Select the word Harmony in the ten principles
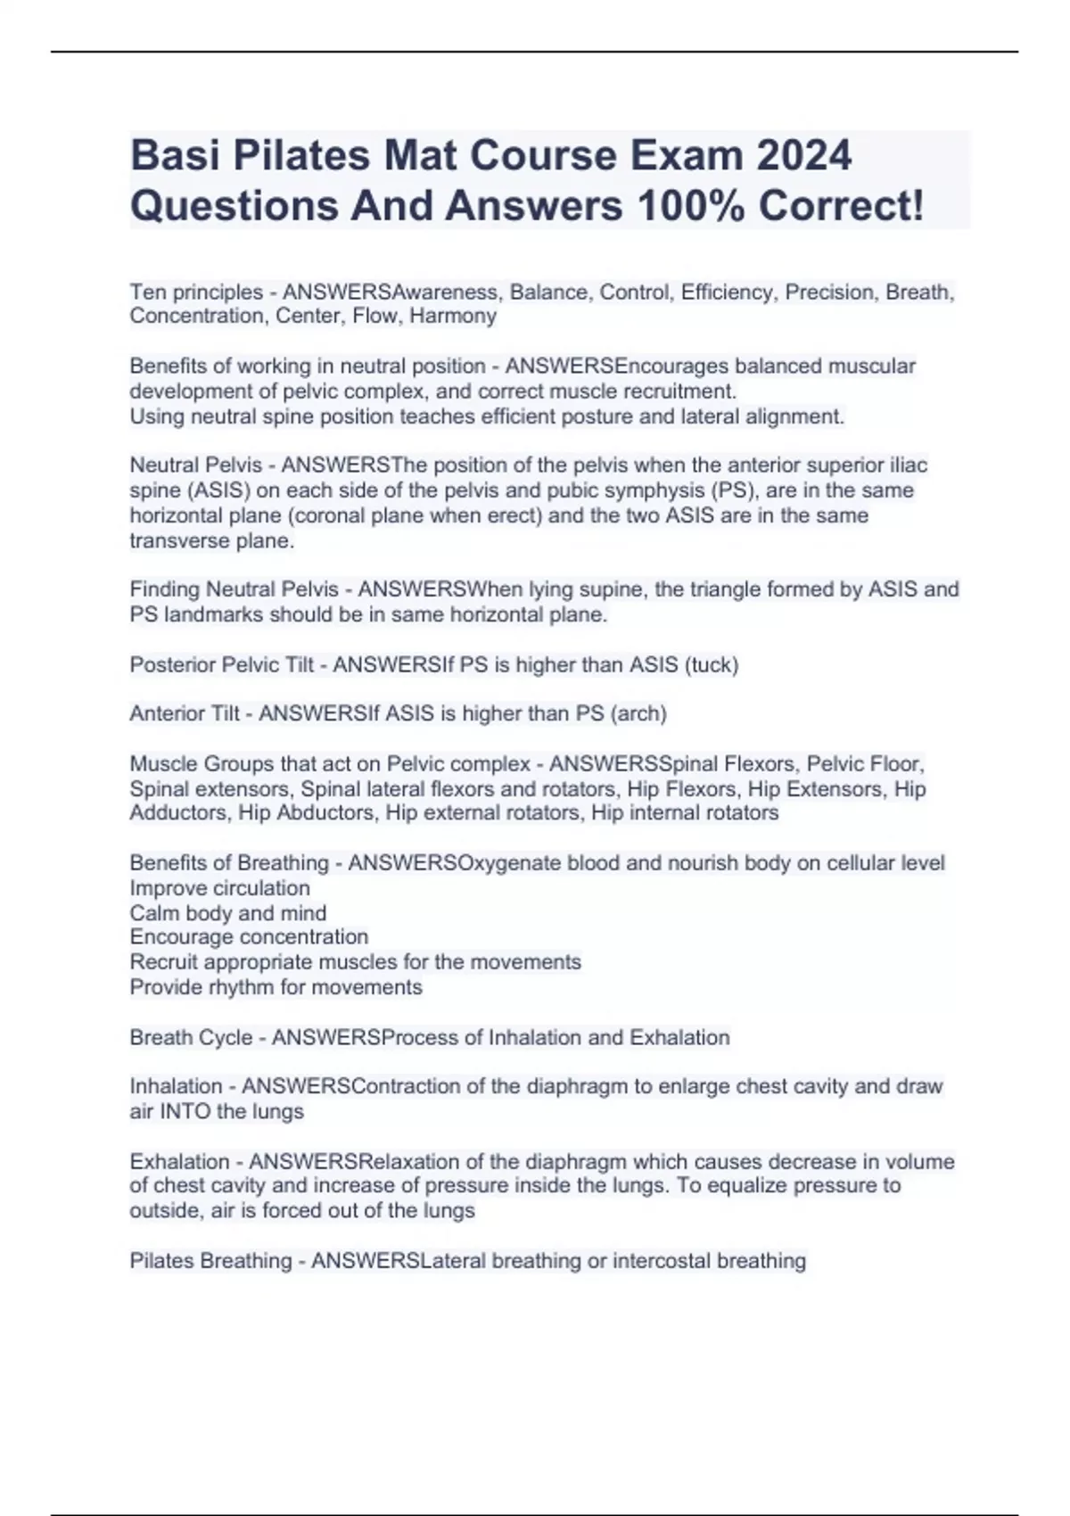pos(453,317)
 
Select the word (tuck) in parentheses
pos(711,665)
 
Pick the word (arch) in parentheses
pos(638,714)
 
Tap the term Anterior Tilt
pos(185,714)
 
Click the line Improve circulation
pos(220,888)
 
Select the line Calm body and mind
pos(228,913)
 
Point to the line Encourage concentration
pos(249,937)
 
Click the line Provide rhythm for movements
pos(276,988)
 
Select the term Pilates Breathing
pos(210,1262)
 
